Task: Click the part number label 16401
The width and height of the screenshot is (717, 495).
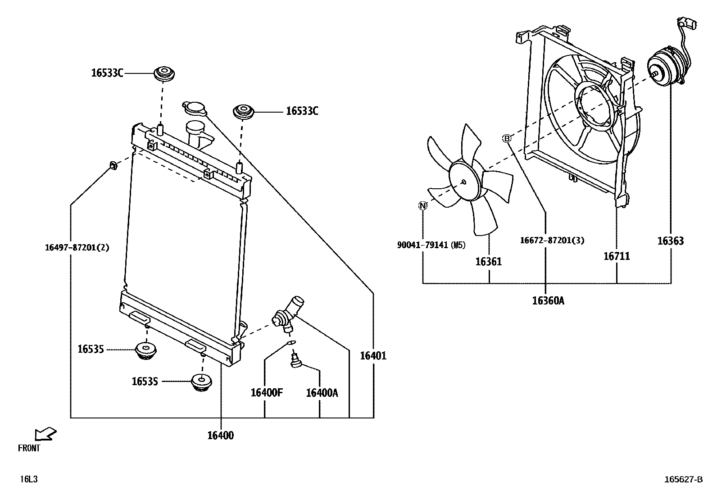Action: tap(373, 356)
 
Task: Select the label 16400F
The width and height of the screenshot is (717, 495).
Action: tap(267, 393)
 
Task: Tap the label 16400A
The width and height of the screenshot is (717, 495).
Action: tap(322, 393)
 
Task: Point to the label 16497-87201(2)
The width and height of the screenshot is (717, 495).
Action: tap(77, 247)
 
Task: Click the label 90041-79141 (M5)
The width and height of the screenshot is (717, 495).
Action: tap(431, 245)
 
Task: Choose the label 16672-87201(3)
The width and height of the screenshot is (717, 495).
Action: tap(552, 241)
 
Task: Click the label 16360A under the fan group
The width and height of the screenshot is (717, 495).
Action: tap(548, 301)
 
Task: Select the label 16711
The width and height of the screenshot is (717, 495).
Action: tap(617, 256)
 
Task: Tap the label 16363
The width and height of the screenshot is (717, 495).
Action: tap(670, 241)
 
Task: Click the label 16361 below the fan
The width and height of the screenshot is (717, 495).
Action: tap(488, 262)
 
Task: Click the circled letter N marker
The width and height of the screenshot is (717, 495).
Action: tap(422, 206)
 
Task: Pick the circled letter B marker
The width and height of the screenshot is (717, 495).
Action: tap(507, 138)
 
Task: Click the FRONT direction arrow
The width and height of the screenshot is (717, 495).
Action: tap(45, 434)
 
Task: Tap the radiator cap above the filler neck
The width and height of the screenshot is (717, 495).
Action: tap(195, 108)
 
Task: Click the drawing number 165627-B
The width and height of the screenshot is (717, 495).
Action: tap(683, 480)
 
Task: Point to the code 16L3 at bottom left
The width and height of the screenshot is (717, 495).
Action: tap(29, 479)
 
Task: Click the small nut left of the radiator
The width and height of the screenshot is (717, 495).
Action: tap(113, 166)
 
